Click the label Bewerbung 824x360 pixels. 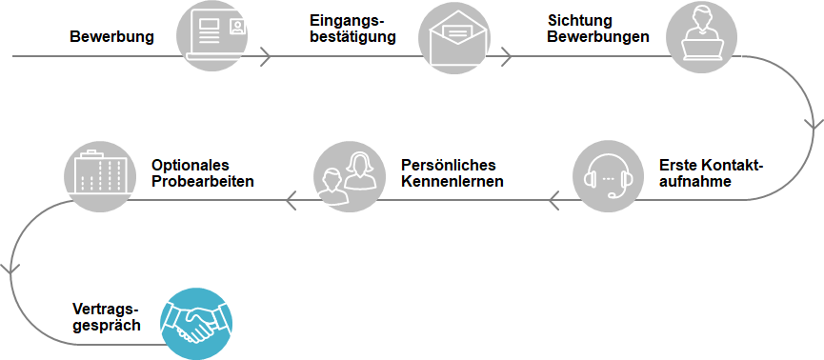coord(112,37)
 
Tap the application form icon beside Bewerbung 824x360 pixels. coord(212,36)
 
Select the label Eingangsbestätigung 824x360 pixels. coord(352,29)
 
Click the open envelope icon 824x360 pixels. coord(454,38)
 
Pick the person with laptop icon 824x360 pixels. coord(701,36)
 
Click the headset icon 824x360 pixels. coord(609,176)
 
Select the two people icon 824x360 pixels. coord(347,176)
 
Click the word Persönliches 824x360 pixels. coord(449,165)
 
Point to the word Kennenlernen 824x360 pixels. coord(452,181)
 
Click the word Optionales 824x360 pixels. coord(191,165)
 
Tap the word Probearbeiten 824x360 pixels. coord(203,181)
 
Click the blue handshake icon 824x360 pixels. coord(196,324)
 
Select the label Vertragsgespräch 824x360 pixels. coord(107,317)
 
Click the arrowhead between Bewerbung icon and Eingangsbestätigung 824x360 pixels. coord(266,55)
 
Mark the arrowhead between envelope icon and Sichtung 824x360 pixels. coord(506,55)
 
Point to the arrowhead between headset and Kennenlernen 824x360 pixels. coord(553,200)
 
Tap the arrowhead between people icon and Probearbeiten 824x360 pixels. coord(291,200)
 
